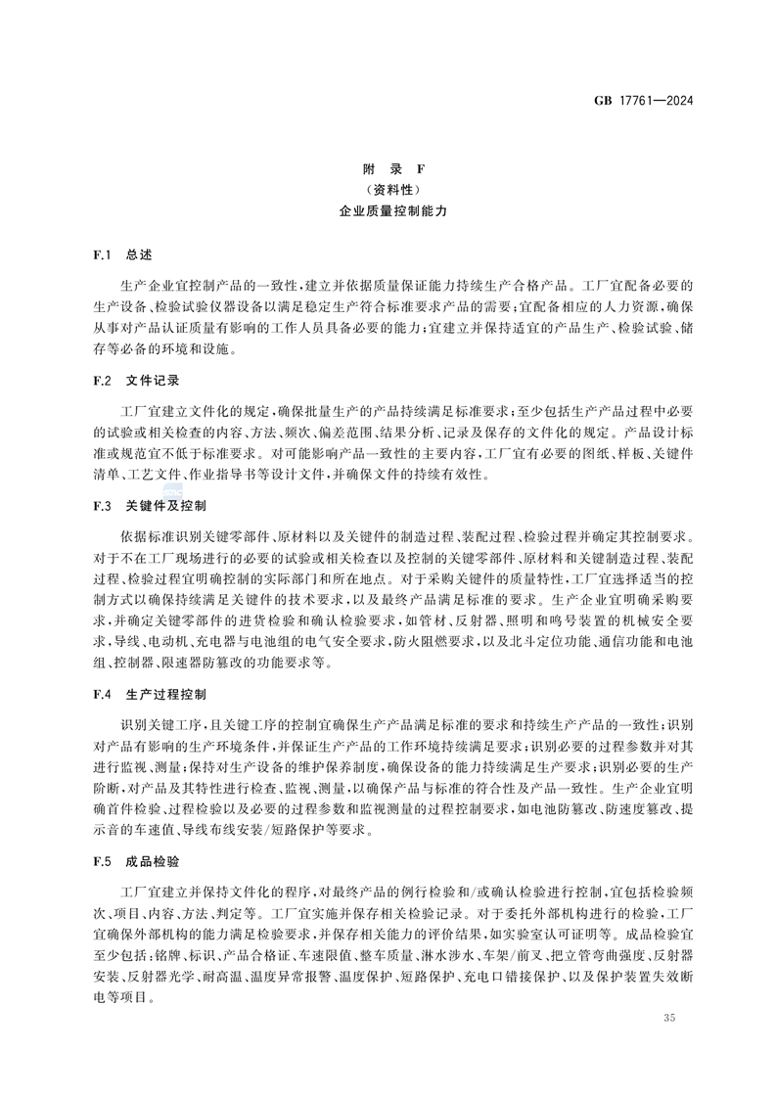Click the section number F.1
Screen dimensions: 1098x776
pos(104,254)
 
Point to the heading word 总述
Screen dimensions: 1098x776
pos(139,254)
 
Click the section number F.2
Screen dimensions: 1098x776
pos(104,379)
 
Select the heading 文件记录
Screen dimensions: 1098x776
pos(152,379)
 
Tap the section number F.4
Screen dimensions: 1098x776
pos(104,694)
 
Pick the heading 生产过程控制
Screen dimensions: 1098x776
pos(165,694)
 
